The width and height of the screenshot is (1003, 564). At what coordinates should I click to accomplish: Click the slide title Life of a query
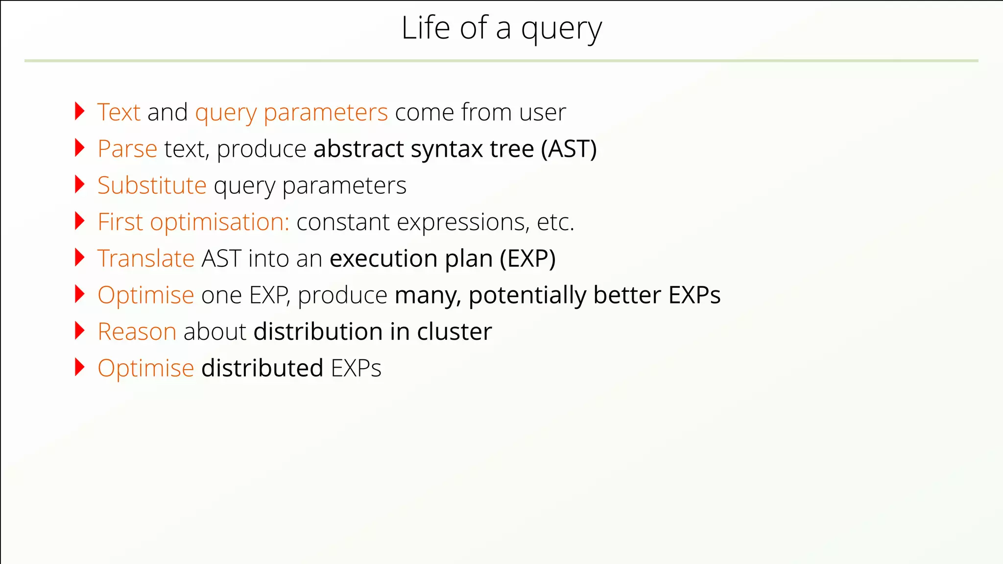[501, 28]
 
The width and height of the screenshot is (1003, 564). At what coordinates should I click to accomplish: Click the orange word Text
[119, 112]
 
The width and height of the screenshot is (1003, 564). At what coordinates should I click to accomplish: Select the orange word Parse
[127, 149]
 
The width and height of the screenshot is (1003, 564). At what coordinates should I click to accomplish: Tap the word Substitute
[152, 186]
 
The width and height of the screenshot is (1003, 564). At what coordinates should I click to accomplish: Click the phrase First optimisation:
[193, 222]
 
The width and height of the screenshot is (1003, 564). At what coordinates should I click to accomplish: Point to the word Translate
[146, 258]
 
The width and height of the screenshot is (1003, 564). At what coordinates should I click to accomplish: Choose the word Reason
[137, 331]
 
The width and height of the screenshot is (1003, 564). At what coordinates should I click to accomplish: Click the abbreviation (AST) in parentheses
[569, 149]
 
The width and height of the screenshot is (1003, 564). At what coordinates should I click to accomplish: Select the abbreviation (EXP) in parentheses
[527, 258]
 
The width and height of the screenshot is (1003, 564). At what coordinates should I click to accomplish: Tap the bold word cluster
[454, 331]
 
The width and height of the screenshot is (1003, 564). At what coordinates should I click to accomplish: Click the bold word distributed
[262, 368]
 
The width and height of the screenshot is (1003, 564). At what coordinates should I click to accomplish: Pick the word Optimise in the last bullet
[146, 368]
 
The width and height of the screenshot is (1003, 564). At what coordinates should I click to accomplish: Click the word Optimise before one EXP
[146, 295]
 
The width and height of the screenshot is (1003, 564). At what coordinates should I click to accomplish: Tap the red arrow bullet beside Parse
[80, 148]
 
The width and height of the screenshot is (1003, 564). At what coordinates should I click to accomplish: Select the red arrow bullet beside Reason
[80, 330]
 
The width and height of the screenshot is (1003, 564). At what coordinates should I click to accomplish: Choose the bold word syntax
[447, 149]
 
